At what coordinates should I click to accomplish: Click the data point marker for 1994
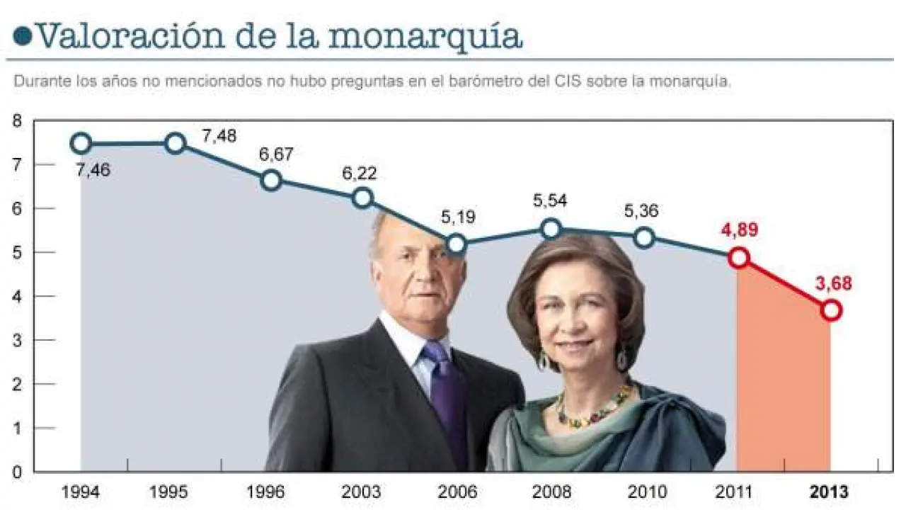click(81, 144)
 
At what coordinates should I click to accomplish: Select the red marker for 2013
click(832, 310)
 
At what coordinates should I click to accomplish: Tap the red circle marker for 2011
click(739, 258)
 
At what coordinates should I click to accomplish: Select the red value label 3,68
click(834, 283)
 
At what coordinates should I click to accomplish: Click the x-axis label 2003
click(362, 492)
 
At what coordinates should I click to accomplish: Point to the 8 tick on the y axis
click(17, 121)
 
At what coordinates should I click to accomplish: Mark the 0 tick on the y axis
click(17, 472)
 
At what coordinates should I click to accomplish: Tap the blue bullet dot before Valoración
click(23, 36)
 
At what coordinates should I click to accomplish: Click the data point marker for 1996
click(271, 180)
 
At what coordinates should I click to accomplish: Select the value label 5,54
click(551, 201)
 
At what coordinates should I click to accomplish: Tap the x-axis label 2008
click(551, 492)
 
